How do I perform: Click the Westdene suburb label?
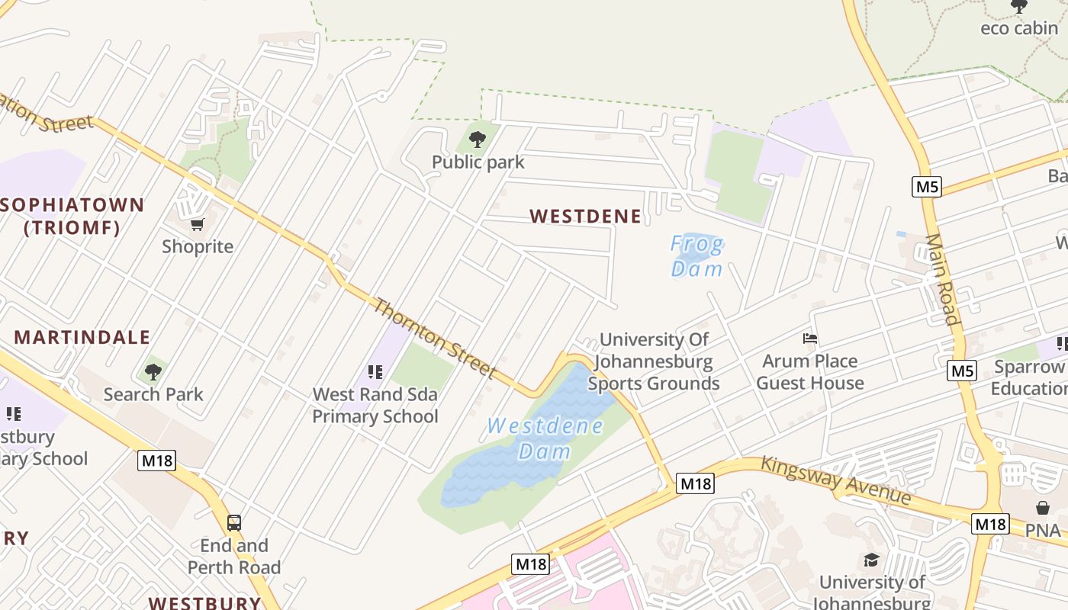(x=586, y=217)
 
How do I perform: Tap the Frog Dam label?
(x=696, y=256)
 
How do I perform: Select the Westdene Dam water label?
(x=545, y=438)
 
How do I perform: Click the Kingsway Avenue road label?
(x=836, y=480)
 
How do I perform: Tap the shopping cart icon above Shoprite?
(x=198, y=224)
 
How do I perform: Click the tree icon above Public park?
(x=478, y=140)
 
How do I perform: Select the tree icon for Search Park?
(x=153, y=372)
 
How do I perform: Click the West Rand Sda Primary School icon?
(x=375, y=372)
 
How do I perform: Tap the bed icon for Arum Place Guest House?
(x=810, y=338)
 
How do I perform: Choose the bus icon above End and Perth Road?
(x=234, y=523)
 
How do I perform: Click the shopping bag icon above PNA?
(x=1043, y=508)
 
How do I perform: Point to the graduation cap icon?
(x=871, y=561)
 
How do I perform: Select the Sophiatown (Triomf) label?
(x=72, y=216)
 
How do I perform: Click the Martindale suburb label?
(x=82, y=337)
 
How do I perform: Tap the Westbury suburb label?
(x=204, y=602)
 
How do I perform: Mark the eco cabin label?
(x=1019, y=28)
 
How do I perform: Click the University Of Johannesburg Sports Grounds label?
(x=654, y=361)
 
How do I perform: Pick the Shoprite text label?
(x=198, y=246)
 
